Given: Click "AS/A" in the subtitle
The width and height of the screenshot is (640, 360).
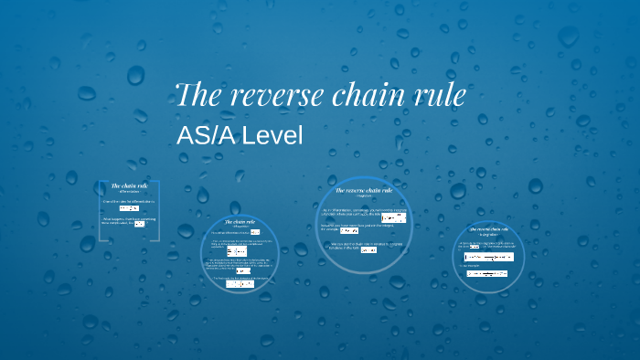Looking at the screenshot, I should [x=205, y=135].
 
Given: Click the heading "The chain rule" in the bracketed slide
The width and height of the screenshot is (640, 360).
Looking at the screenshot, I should [x=129, y=186].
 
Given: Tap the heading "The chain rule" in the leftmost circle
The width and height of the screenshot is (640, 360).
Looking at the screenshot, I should [x=240, y=221].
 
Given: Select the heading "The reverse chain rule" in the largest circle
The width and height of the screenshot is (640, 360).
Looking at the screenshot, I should [x=363, y=190].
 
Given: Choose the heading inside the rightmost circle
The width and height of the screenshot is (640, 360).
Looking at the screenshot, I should [x=488, y=228].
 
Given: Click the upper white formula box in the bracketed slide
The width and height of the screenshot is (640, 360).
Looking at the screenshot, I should [x=129, y=208].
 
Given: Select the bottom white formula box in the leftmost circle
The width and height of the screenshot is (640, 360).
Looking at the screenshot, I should [x=240, y=285].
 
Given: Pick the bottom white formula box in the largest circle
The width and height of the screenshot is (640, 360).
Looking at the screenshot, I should [x=368, y=250].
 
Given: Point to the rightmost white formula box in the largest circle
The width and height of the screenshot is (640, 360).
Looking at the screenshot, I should [x=393, y=218].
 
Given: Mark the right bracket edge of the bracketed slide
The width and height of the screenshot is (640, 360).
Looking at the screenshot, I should [x=160, y=211].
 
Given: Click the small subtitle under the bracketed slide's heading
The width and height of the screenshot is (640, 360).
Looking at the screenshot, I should [x=129, y=193].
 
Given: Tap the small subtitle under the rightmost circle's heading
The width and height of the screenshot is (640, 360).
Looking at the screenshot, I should [x=488, y=235].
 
